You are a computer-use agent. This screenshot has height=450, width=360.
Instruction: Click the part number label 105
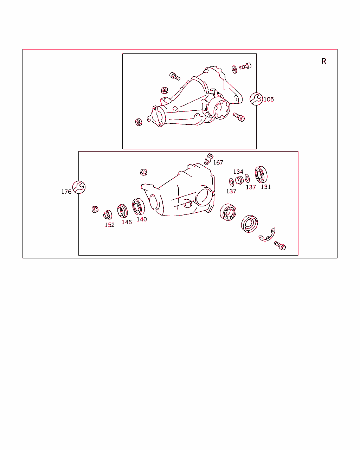pyautogui.click(x=269, y=99)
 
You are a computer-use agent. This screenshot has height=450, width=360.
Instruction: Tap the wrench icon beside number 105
pyautogui.click(x=256, y=99)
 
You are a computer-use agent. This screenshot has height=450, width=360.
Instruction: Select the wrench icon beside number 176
pyautogui.click(x=79, y=187)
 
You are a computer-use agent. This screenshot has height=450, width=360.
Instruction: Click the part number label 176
pyautogui.click(x=66, y=192)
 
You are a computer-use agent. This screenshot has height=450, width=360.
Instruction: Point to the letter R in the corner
pyautogui.click(x=324, y=61)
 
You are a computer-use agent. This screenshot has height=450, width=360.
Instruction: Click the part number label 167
pyautogui.click(x=218, y=162)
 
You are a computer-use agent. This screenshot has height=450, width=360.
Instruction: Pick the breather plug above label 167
pyautogui.click(x=208, y=159)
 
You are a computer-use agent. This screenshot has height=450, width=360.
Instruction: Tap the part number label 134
pyautogui.click(x=238, y=172)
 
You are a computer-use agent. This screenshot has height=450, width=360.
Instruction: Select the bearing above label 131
pyautogui.click(x=261, y=175)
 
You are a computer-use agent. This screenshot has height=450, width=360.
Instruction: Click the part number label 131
pyautogui.click(x=266, y=187)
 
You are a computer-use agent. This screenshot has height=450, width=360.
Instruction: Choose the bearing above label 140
pyautogui.click(x=139, y=207)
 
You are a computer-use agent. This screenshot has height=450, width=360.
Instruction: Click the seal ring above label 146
pyautogui.click(x=122, y=211)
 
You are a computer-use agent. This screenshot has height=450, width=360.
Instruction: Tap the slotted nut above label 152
pyautogui.click(x=108, y=215)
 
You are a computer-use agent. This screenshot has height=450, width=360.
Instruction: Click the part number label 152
pyautogui.click(x=110, y=225)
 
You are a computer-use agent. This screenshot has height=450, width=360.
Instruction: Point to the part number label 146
pyautogui.click(x=127, y=222)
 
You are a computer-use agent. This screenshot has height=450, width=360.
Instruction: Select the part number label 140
pyautogui.click(x=142, y=219)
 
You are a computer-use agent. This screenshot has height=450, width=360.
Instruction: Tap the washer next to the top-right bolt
pyautogui.click(x=234, y=69)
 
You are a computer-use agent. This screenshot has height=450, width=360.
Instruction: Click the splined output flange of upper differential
pyautogui.click(x=219, y=108)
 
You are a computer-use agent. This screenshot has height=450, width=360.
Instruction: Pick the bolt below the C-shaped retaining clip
pyautogui.click(x=280, y=246)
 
